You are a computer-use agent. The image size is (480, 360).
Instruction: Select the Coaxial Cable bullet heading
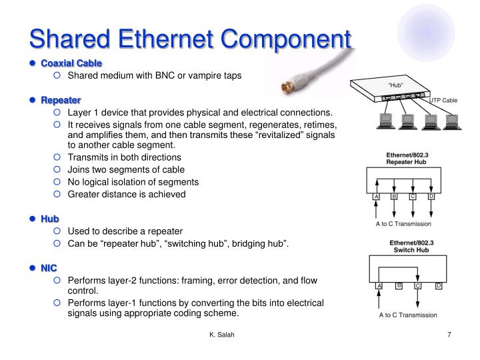tap(71, 63)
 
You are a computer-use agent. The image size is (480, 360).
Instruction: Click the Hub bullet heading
tap(50, 219)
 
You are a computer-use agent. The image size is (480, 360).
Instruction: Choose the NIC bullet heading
tap(49, 268)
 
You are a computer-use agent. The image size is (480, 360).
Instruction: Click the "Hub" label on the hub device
tap(396, 86)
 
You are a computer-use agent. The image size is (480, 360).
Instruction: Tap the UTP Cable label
tap(444, 100)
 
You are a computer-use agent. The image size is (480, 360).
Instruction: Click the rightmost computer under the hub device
tap(452, 121)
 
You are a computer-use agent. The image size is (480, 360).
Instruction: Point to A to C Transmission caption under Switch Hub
tap(408, 315)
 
